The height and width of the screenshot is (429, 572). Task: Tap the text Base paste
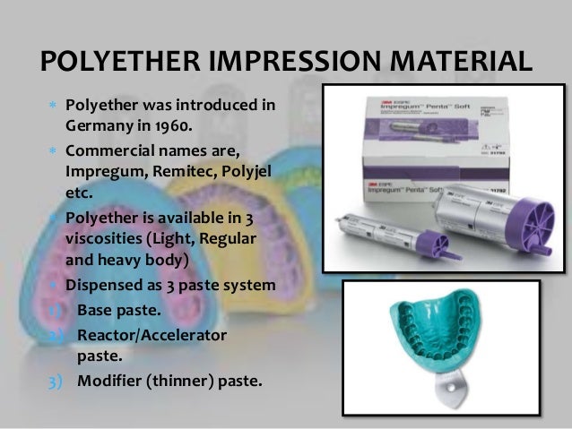[x=121, y=311]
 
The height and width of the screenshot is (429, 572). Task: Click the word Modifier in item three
[x=112, y=381]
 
